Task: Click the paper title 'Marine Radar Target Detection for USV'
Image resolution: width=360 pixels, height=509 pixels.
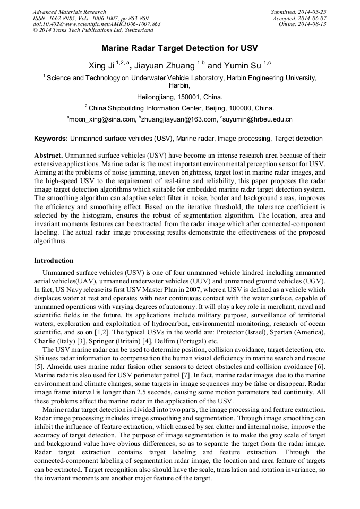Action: tap(179, 48)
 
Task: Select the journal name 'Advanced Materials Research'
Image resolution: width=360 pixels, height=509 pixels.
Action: tap(70, 12)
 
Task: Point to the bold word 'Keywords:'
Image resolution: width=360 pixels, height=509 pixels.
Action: tap(51, 139)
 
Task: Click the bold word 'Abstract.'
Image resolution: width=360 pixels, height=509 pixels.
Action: tap(48, 157)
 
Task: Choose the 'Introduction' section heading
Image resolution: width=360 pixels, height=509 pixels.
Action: tap(54, 261)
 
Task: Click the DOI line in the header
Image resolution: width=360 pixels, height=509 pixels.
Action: tap(97, 24)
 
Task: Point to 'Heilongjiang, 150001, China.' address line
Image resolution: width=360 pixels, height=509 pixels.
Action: tap(179, 97)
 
